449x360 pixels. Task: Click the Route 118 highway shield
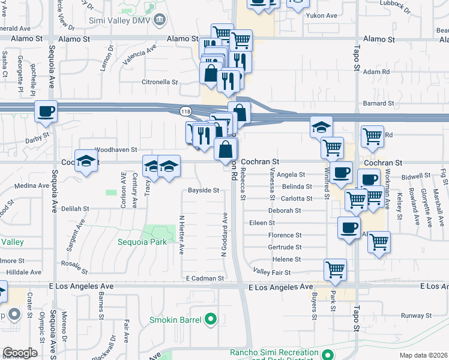coord(185,112)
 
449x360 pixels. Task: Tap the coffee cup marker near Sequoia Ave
coord(46,111)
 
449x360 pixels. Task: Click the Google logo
coord(20,353)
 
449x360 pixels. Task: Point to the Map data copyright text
coord(424,355)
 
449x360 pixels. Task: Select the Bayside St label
coord(203,190)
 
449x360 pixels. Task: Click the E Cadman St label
coord(205,278)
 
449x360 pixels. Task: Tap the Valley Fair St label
coord(272,272)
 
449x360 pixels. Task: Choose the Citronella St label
coord(160,82)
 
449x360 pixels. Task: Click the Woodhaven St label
coord(116,149)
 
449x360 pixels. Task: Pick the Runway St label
coord(417,315)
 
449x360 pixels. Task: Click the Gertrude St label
coord(285,247)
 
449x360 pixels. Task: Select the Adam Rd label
coord(377,71)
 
